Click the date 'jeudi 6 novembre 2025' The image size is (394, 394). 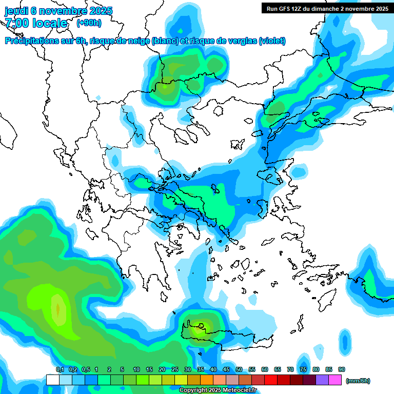58,11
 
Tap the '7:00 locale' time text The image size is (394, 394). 36,23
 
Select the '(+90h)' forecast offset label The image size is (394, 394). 89,23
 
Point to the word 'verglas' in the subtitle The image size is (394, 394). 240,41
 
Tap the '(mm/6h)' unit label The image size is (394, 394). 358,381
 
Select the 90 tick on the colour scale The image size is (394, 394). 342,369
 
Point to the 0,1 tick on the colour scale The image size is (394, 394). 60,369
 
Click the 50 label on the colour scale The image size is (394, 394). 239,369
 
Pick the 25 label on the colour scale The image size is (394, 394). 175,369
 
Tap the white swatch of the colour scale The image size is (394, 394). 52,380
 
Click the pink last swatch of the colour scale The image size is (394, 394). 335,380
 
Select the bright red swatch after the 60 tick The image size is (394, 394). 271,380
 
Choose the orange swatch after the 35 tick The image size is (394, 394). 207,380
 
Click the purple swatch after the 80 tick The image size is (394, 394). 322,380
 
